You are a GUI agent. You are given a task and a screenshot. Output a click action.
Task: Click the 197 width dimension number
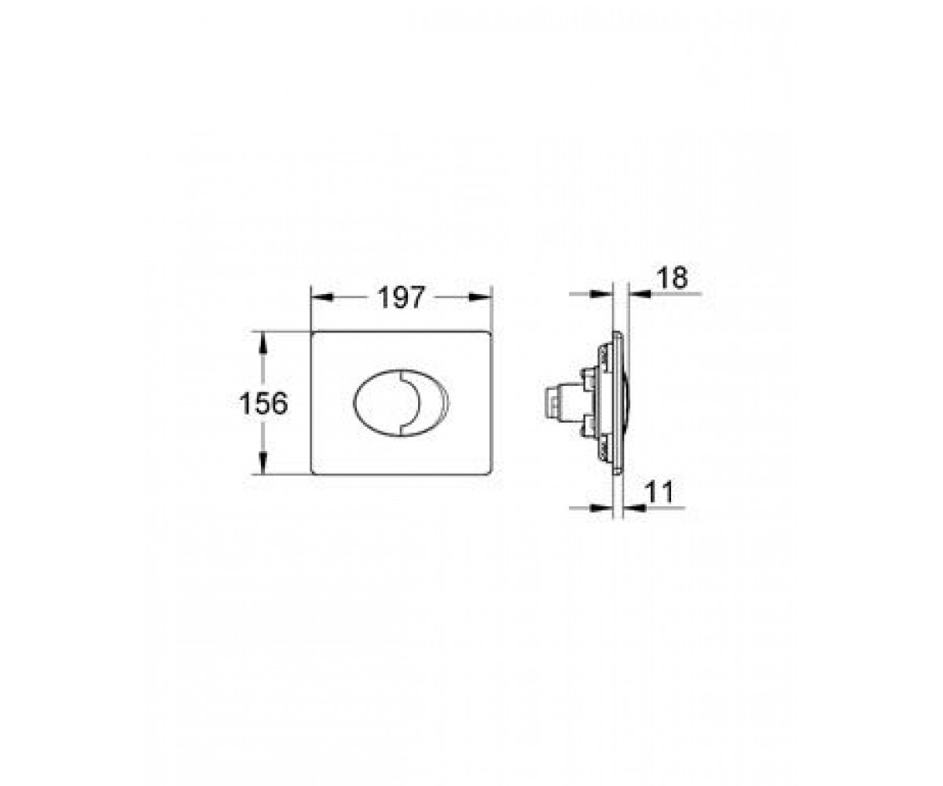coord(401,298)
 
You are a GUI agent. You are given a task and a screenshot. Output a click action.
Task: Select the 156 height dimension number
coord(263,403)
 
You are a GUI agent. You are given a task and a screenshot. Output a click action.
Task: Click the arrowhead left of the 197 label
coord(322,297)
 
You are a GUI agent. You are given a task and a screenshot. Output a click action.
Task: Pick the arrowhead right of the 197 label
coord(479,297)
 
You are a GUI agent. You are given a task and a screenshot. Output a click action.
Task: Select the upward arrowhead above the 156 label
coord(263,343)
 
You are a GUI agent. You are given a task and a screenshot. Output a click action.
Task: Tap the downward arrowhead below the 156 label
coord(263,463)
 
